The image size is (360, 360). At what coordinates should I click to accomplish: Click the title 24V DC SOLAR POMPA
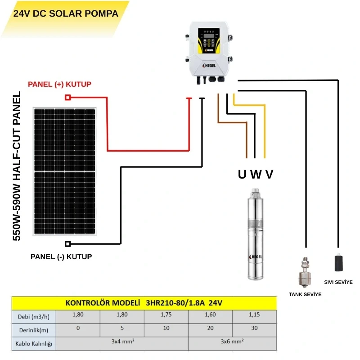point(66,13)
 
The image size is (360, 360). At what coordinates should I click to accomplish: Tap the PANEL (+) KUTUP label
point(60,84)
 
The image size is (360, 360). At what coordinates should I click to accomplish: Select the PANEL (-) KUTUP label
point(61,257)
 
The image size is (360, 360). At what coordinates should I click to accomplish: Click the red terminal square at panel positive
point(67,97)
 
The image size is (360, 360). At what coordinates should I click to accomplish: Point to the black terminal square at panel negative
point(67,244)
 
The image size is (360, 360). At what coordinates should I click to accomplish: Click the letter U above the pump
point(243,175)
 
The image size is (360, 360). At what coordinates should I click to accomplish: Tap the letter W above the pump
point(256,175)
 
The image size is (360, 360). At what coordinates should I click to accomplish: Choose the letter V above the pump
point(269,175)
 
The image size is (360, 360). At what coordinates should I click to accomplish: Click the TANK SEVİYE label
point(305,295)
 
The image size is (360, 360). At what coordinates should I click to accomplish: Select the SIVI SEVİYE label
point(338,282)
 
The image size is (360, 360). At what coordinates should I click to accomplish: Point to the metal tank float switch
point(305,272)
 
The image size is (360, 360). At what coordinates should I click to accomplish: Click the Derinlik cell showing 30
point(254,328)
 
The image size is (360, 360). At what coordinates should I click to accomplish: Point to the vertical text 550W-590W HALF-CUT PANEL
point(17,166)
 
